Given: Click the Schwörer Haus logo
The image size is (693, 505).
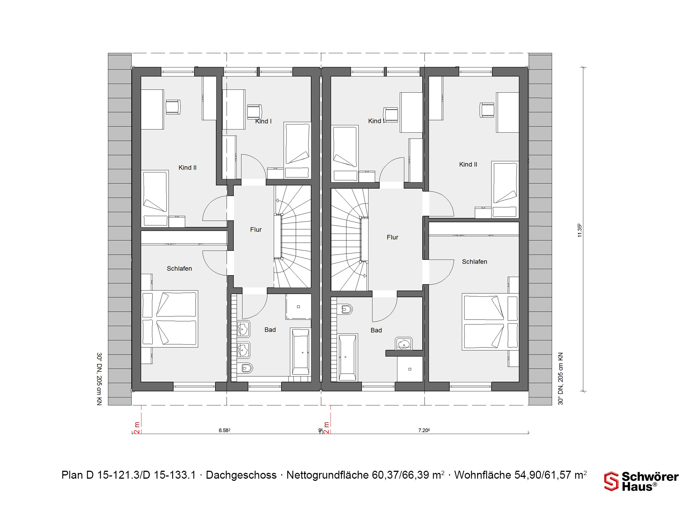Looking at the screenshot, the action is click(x=641, y=481).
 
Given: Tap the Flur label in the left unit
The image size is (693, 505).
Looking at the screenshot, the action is click(x=256, y=230).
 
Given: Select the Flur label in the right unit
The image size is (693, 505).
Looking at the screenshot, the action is click(x=392, y=237).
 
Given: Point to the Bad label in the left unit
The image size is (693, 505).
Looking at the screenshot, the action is click(x=270, y=330).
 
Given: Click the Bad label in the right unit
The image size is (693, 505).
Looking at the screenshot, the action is click(x=376, y=330).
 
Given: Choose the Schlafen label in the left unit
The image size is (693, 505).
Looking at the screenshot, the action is click(x=179, y=269).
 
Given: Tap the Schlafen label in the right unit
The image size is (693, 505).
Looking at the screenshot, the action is click(x=475, y=262).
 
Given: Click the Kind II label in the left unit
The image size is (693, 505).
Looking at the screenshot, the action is click(x=188, y=168).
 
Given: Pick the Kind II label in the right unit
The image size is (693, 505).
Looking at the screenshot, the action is click(x=468, y=164).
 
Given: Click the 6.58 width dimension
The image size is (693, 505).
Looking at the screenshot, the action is click(x=225, y=430).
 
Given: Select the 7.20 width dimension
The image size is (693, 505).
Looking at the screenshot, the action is click(x=424, y=430).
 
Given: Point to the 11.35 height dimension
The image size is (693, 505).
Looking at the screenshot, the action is click(x=580, y=230).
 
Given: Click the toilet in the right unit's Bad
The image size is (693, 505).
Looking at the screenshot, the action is click(x=346, y=309).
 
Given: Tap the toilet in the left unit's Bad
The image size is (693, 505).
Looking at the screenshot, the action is click(x=247, y=368).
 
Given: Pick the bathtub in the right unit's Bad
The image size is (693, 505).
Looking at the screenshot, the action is click(x=348, y=357).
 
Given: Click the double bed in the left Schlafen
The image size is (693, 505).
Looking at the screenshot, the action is click(x=169, y=319).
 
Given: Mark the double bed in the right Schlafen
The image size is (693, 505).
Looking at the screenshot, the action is click(x=491, y=322).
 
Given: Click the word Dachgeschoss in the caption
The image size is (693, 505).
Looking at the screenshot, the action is click(x=241, y=475).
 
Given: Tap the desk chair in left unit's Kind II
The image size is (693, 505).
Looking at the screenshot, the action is click(x=173, y=107).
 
